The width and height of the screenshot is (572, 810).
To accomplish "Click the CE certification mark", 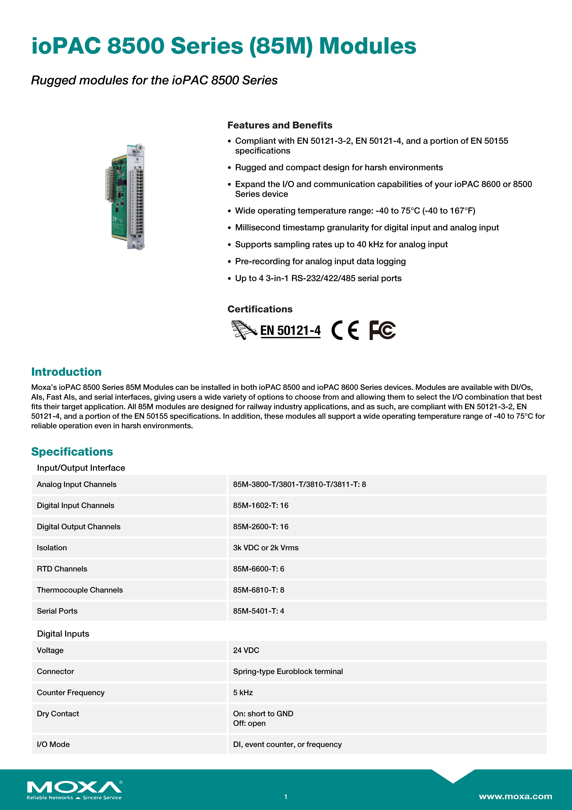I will [x=345, y=330].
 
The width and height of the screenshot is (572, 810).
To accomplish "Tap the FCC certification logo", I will [x=382, y=330].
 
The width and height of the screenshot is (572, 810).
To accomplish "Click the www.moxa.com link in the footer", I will [x=515, y=796].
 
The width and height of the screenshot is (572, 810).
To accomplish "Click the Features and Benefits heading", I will [x=279, y=125].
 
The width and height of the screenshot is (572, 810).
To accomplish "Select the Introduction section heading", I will [x=66, y=372].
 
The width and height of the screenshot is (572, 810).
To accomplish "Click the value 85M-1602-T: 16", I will [x=260, y=506].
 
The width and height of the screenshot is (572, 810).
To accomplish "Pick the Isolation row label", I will [x=52, y=548].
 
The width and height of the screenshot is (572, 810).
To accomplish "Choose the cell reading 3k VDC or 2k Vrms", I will [x=266, y=548].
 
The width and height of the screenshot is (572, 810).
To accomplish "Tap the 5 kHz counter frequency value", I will [x=243, y=693].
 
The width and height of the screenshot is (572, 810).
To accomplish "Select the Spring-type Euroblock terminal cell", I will [x=288, y=672].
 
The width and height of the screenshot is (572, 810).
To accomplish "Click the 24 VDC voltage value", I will [x=246, y=651].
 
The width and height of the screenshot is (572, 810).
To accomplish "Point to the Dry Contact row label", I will [x=58, y=714].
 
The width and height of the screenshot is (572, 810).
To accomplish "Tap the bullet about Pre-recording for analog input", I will [x=320, y=261].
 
